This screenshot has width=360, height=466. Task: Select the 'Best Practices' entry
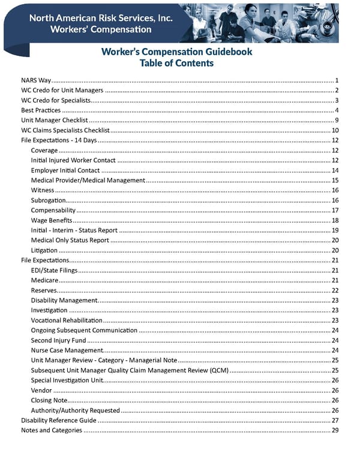(x=41, y=110)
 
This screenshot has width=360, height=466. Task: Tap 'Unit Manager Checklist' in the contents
(x=54, y=120)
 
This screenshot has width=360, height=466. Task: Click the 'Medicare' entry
(x=44, y=280)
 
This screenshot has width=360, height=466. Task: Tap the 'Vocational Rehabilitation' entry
(x=67, y=320)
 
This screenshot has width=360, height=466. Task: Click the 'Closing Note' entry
(x=49, y=400)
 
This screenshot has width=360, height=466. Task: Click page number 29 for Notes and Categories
(x=335, y=430)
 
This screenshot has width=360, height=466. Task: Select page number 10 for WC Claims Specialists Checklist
(x=335, y=130)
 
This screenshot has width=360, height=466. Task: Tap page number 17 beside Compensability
(x=335, y=210)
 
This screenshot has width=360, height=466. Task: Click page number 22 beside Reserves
(x=335, y=290)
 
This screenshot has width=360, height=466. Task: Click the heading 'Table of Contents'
(x=176, y=63)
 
